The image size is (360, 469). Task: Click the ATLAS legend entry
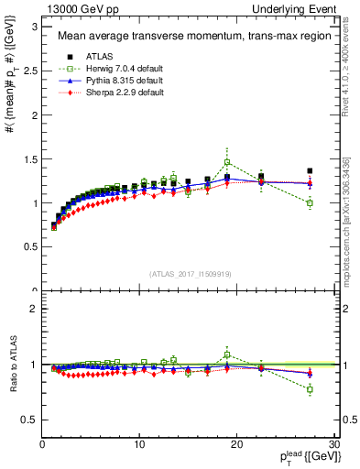click(97, 55)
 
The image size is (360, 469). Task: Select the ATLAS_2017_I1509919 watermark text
click(190, 273)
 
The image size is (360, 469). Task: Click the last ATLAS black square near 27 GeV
click(310, 170)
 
